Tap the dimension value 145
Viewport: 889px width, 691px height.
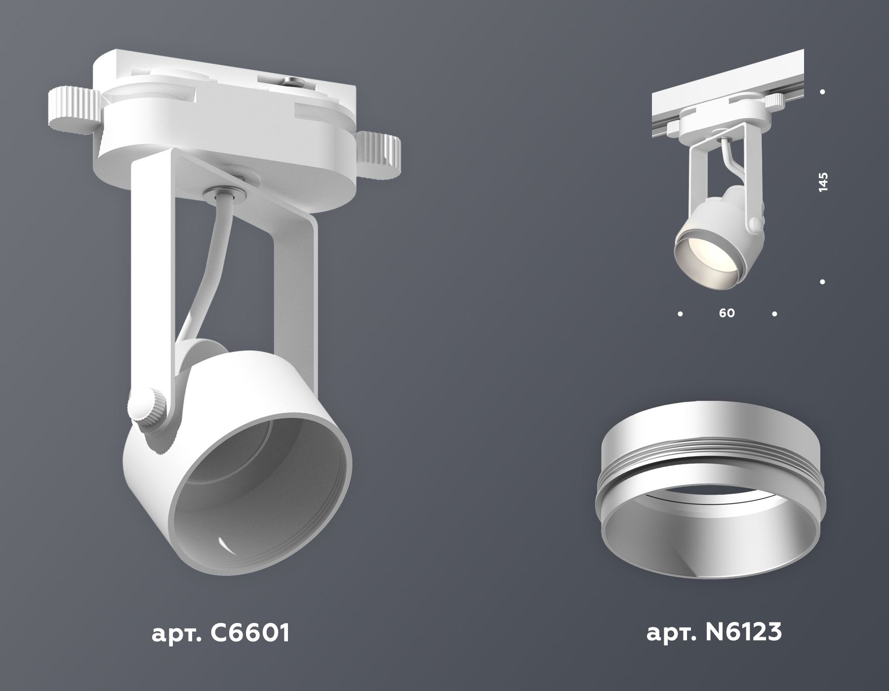(822, 183)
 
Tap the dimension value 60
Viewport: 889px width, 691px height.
(727, 313)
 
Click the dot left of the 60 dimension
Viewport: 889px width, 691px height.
(680, 313)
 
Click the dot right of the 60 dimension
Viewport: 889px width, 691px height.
(774, 313)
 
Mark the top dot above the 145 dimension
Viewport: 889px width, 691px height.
(822, 92)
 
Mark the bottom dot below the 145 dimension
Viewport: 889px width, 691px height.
(822, 282)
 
